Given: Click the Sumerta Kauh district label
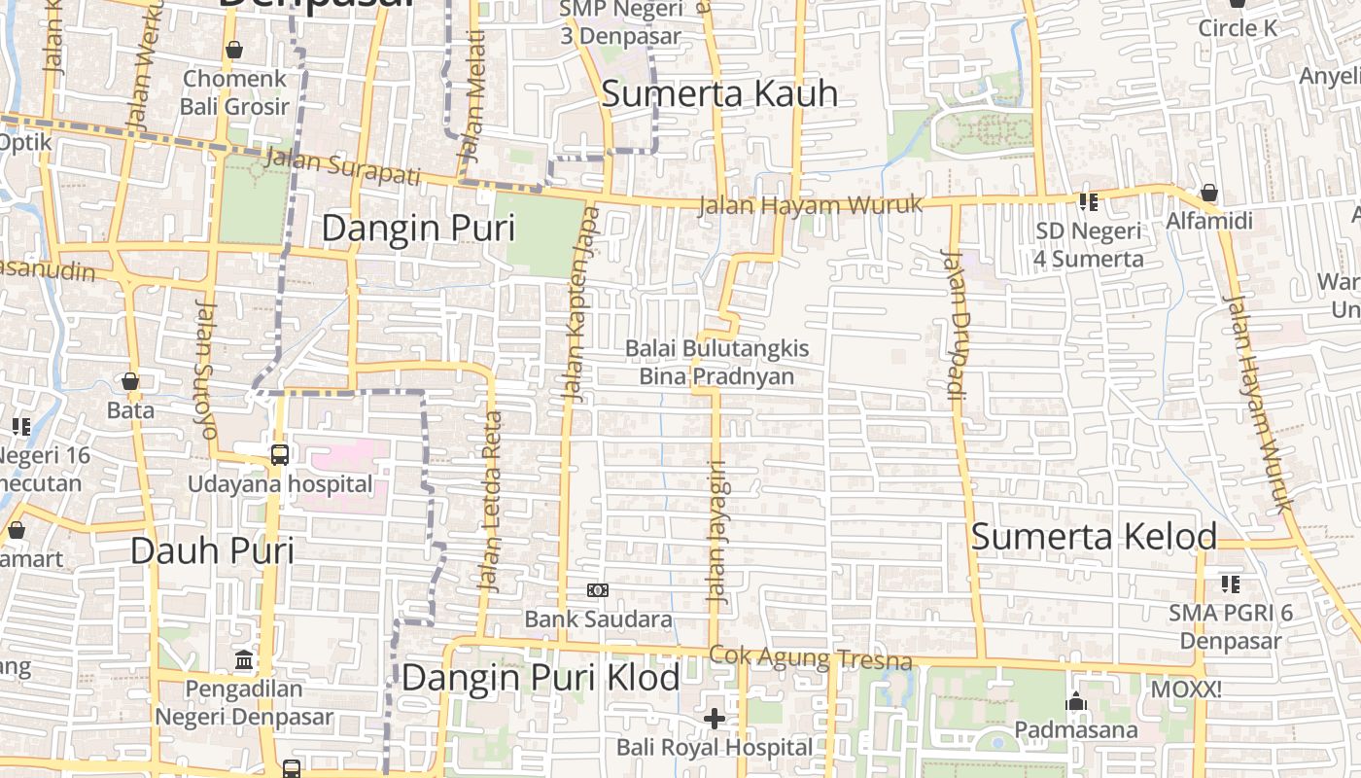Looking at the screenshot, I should pyautogui.click(x=719, y=94).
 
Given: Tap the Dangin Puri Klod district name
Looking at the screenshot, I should pyautogui.click(x=540, y=678).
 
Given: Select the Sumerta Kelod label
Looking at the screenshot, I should pyautogui.click(x=1094, y=537).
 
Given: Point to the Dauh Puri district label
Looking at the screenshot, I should pyautogui.click(x=212, y=550).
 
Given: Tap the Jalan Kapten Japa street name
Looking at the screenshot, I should pyautogui.click(x=581, y=303).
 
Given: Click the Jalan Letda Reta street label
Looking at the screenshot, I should pyautogui.click(x=492, y=502).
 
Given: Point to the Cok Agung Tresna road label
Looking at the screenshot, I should pyautogui.click(x=811, y=658).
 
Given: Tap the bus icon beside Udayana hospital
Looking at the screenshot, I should pyautogui.click(x=279, y=454).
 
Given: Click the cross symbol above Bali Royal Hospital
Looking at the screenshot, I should pyautogui.click(x=715, y=719).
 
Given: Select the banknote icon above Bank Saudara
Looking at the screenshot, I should pyautogui.click(x=598, y=590).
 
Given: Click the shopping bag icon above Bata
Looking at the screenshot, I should pyautogui.click(x=130, y=381).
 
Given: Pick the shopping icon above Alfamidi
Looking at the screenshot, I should pyautogui.click(x=1209, y=194).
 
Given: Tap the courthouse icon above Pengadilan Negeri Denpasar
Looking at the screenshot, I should pyautogui.click(x=244, y=660).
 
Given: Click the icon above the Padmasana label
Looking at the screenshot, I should pyautogui.click(x=1075, y=701).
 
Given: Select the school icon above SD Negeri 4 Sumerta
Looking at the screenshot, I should pyautogui.click(x=1088, y=202).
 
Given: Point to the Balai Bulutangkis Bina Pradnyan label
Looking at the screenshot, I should pyautogui.click(x=716, y=362).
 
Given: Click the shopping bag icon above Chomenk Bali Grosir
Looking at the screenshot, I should pyautogui.click(x=234, y=50).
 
